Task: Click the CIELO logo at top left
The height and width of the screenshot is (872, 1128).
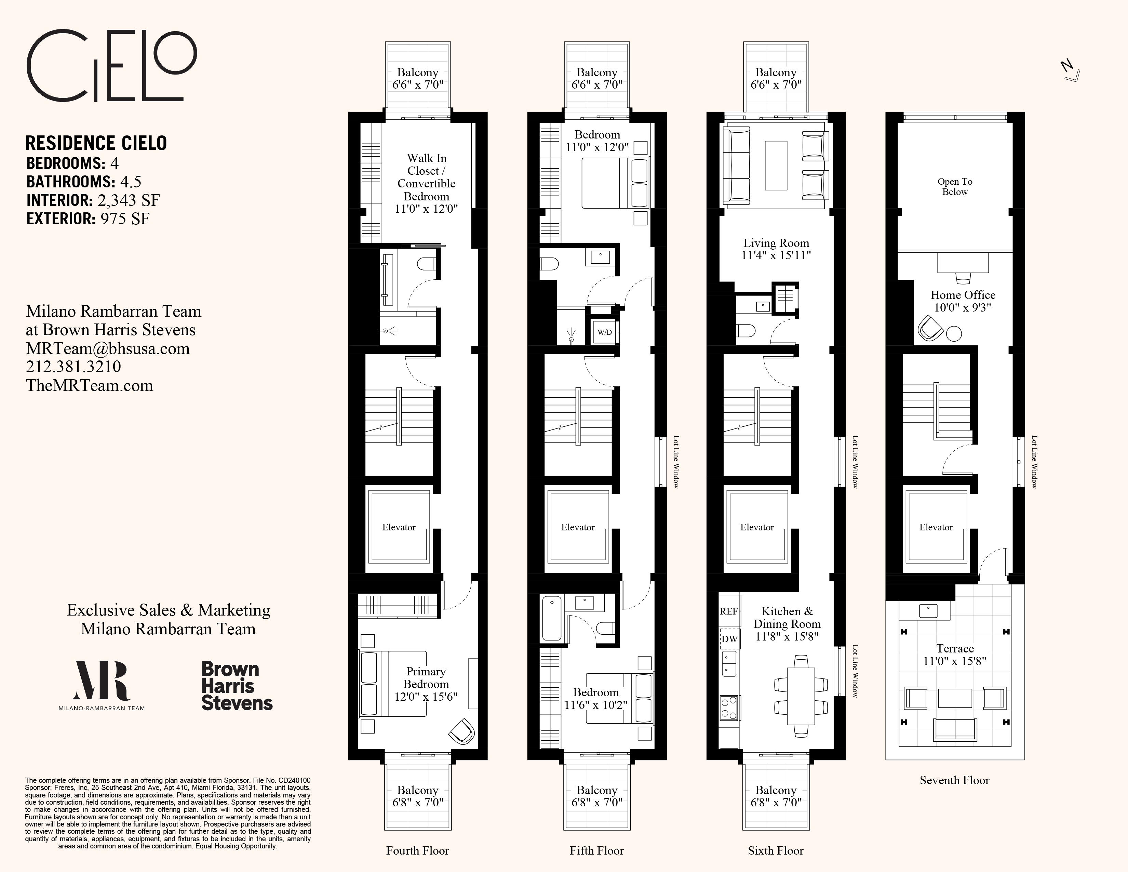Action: (111, 66)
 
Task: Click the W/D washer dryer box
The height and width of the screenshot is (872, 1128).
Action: (604, 332)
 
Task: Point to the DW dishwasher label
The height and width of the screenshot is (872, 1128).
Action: (729, 639)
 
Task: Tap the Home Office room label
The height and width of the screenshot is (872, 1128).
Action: (963, 295)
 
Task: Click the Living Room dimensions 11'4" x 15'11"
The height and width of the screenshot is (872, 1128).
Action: (776, 255)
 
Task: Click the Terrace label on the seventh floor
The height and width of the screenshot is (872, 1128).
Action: (955, 649)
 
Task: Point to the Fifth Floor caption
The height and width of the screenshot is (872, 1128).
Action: (596, 851)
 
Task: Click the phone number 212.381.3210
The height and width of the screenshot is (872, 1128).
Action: (73, 367)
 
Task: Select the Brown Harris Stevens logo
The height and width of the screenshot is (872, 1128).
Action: (237, 686)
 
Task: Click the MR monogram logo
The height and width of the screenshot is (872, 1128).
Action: (101, 681)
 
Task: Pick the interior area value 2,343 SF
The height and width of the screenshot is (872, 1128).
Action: (129, 200)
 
